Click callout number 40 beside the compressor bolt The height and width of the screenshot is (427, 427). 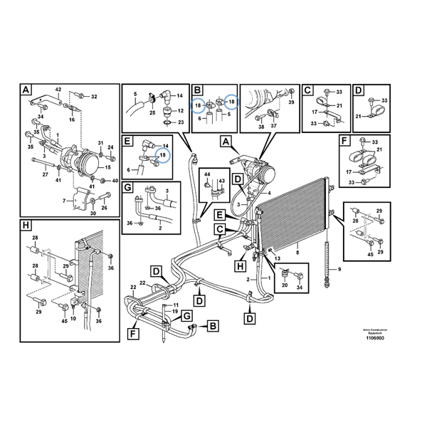(115, 181)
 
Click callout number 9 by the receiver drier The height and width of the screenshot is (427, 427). (339, 269)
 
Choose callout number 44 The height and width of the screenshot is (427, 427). (208, 174)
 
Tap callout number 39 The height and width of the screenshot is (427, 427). (290, 102)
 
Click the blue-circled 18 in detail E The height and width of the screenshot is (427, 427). (163, 154)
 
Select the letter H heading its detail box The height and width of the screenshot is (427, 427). (26, 226)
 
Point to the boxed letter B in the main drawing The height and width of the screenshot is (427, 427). (211, 327)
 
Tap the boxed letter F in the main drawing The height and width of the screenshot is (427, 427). (133, 332)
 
